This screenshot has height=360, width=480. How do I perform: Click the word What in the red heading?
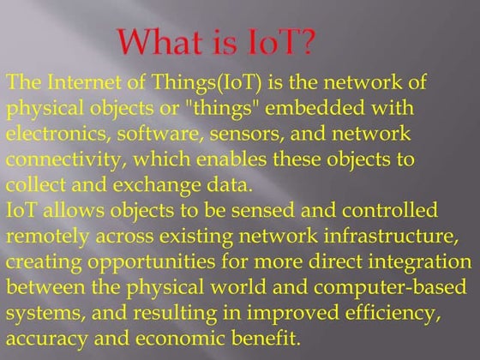point(160,42)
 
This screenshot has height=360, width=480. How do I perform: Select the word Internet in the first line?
point(85,81)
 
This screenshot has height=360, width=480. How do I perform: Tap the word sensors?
point(247,134)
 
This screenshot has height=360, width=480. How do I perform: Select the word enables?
point(231,159)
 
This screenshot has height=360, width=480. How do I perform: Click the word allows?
point(74,211)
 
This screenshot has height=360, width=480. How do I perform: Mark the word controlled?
point(390,210)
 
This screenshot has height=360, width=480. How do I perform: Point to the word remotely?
point(47,237)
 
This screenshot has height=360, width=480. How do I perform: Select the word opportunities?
point(152,262)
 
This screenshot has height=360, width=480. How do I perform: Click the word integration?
point(420,262)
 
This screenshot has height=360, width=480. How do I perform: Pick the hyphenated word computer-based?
point(390,288)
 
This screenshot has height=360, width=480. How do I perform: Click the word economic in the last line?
point(181,339)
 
